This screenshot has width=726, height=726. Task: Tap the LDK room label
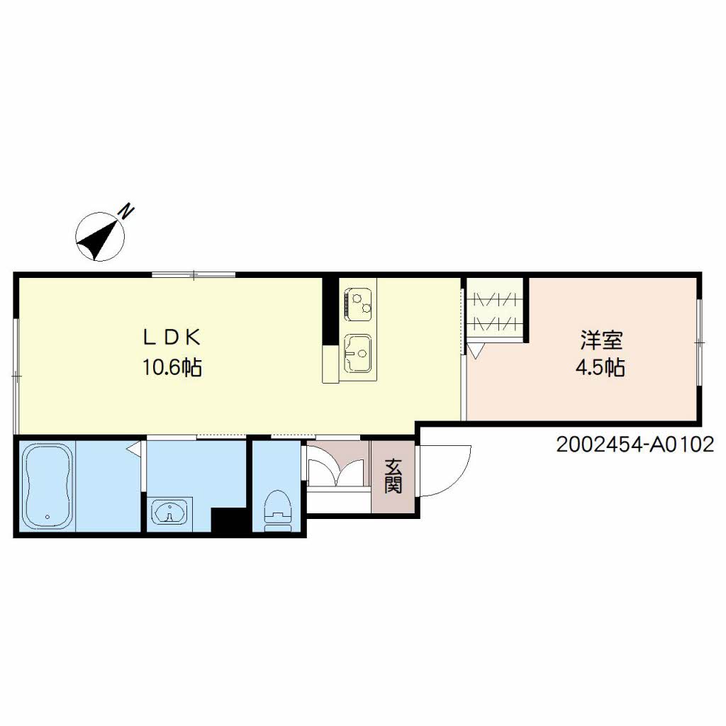(x=172, y=337)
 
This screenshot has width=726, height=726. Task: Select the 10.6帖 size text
(x=172, y=368)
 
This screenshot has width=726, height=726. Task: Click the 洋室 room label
(x=601, y=340)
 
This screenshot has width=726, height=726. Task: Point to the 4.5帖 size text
(x=600, y=368)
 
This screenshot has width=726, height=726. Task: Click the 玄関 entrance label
(x=393, y=476)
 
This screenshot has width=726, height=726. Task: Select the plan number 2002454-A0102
(x=635, y=445)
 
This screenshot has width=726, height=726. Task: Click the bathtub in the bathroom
(x=48, y=486)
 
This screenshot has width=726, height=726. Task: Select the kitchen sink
(x=357, y=353)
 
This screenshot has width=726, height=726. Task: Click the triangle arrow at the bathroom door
(x=134, y=449)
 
